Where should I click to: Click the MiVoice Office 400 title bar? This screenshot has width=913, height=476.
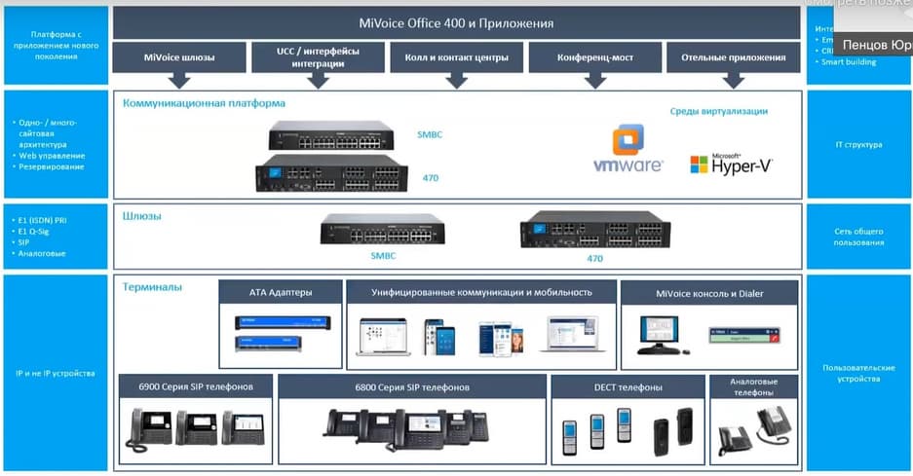(457, 22)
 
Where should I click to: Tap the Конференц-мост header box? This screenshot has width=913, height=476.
(594, 57)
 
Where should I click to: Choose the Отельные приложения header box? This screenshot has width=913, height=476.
(733, 57)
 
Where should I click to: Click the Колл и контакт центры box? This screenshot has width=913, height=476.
(456, 57)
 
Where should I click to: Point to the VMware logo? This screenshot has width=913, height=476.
(628, 151)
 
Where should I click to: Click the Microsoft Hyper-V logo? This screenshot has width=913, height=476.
(732, 164)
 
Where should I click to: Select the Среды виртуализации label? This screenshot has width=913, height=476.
(718, 111)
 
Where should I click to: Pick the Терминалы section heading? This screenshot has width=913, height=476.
(152, 287)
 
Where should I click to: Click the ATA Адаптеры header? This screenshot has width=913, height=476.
(281, 292)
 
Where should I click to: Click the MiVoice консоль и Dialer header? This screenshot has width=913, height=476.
(709, 292)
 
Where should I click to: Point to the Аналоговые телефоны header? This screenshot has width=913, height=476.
(754, 386)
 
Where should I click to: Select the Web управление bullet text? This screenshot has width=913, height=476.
(52, 156)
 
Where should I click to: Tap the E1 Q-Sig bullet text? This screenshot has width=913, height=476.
(36, 231)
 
